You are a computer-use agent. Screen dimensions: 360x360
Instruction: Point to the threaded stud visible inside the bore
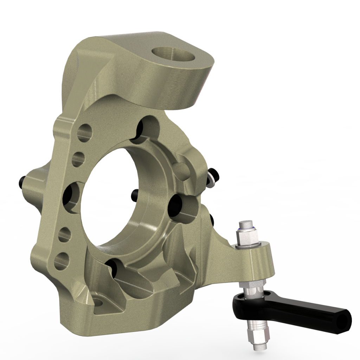pos(135,194)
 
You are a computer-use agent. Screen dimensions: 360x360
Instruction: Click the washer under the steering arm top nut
pos(249,246)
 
